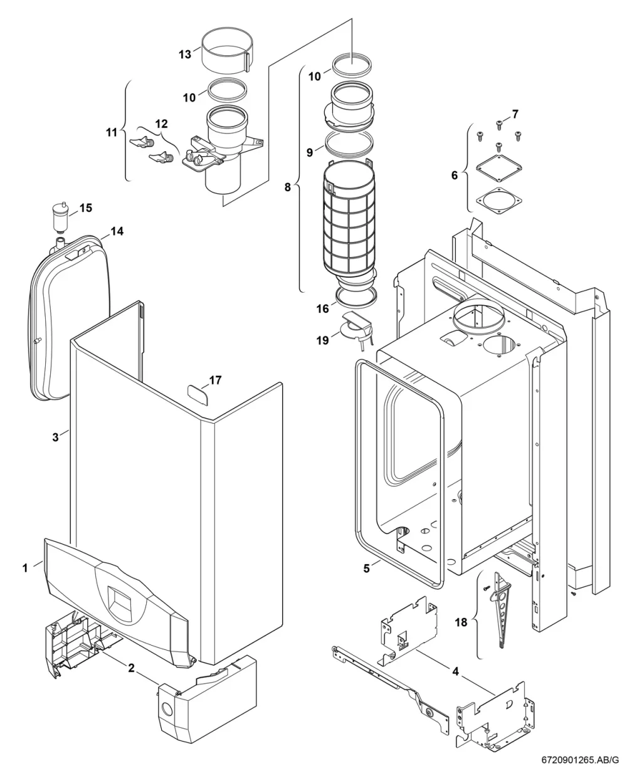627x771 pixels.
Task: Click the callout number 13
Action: click(184, 55)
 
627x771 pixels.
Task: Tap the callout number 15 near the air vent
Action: click(86, 207)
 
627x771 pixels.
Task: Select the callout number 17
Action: click(215, 380)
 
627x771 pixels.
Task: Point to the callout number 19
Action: click(322, 340)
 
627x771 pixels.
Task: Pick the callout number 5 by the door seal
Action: click(367, 569)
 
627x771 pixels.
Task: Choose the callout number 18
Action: click(461, 622)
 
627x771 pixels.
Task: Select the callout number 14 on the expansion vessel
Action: click(117, 231)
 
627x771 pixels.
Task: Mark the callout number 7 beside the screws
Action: click(515, 114)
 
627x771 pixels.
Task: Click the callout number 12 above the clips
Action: click(162, 123)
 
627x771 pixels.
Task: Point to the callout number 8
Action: click(287, 187)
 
